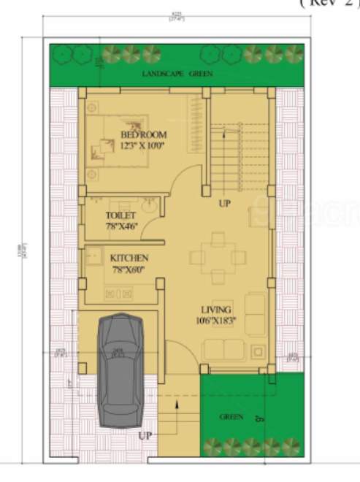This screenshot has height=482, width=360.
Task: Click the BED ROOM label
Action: pos(144,135)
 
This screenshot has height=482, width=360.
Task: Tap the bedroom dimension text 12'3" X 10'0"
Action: pos(143,146)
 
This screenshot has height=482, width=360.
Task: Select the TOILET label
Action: pos(121,216)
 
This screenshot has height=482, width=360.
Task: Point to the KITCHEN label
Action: pos(129,259)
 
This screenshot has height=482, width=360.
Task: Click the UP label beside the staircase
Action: pos(224,204)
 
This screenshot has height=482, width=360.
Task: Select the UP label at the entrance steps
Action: pos(145,436)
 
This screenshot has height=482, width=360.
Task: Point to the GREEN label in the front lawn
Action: pos(231,417)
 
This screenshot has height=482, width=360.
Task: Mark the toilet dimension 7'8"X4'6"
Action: pos(121,226)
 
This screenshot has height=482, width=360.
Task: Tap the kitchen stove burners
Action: pos(118,294)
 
